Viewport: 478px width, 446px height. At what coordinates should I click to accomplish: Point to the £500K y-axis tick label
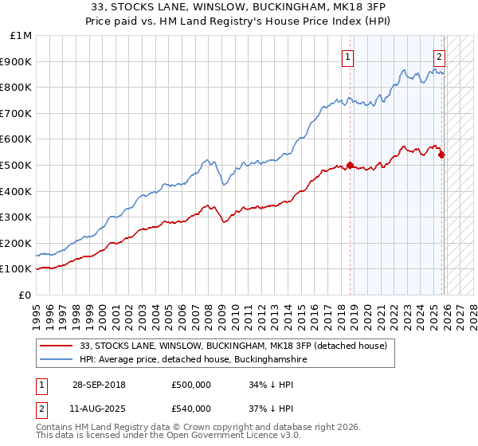[16, 166]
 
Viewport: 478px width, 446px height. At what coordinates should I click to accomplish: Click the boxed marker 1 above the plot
[349, 57]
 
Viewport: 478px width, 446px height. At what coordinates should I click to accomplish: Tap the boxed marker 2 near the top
[439, 57]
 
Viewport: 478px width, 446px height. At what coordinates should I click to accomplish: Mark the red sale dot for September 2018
[350, 166]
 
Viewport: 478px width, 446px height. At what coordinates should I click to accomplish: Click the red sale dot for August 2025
[441, 155]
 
